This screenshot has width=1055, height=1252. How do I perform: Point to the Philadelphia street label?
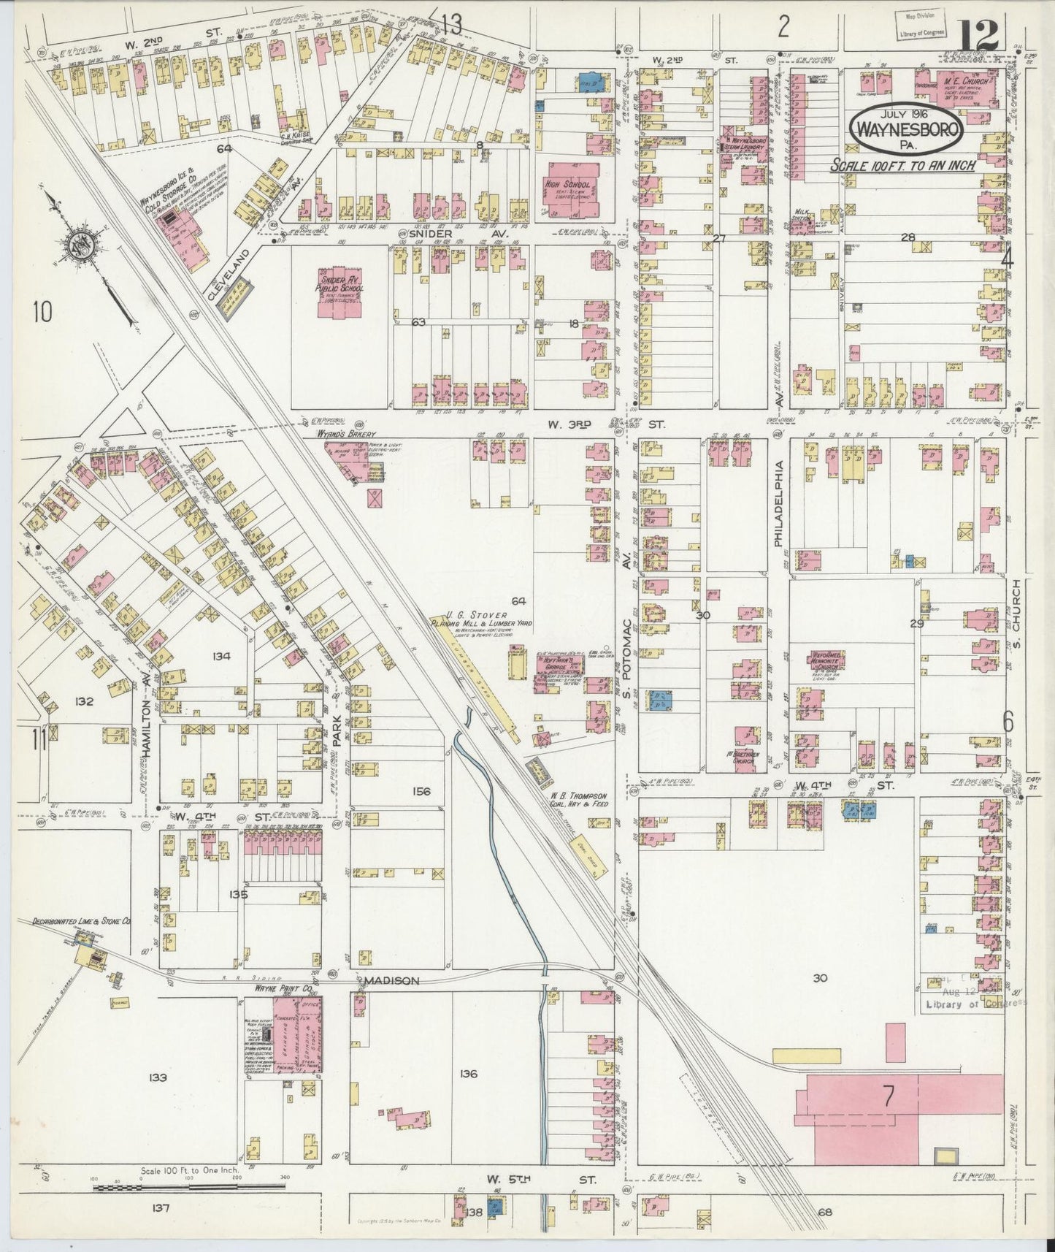pyautogui.click(x=778, y=504)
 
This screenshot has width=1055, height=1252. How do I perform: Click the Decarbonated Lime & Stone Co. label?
pyautogui.click(x=80, y=922)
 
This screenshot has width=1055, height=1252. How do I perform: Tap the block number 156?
pyautogui.click(x=421, y=791)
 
